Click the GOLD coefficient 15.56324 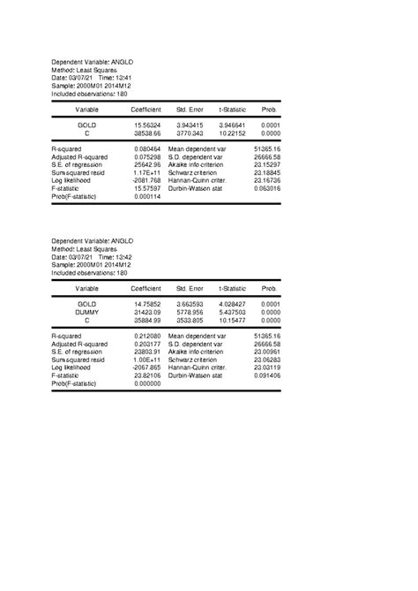click(x=146, y=125)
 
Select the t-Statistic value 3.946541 click(x=232, y=125)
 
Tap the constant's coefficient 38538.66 click(x=146, y=133)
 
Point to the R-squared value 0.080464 click(x=146, y=149)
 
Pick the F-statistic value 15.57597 click(x=146, y=187)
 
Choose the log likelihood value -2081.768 click(x=146, y=180)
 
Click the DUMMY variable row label click(x=86, y=312)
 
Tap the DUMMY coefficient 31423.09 click(x=146, y=312)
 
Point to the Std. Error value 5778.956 click(x=190, y=312)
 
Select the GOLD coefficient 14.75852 click(x=146, y=304)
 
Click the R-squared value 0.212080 click(x=146, y=337)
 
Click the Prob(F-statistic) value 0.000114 click(x=146, y=195)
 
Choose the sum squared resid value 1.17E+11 click(x=146, y=172)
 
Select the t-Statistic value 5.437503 click(x=232, y=312)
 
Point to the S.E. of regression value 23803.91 click(x=146, y=352)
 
